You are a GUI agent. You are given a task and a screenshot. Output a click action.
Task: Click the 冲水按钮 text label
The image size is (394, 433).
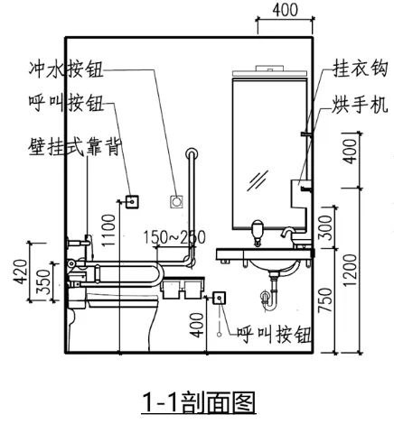coord(66,69)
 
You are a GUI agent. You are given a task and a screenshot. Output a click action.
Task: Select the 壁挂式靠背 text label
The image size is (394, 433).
coord(75,147)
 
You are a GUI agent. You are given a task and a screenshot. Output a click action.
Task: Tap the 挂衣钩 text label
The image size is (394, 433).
coord(360,69)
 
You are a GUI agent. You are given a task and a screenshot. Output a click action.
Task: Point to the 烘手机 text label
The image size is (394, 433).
coord(360,105)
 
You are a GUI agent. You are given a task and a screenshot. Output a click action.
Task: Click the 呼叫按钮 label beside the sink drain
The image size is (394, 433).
coord(274,335)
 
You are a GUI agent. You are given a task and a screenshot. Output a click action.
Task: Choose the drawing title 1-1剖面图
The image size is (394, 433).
coord(199,402)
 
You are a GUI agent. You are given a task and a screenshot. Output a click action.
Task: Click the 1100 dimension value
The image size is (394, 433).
coord(108,230)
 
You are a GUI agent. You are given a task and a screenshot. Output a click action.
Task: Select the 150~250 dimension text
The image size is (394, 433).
coord(174,237)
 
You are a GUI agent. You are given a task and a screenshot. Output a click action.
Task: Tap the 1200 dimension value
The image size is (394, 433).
coord(350,271)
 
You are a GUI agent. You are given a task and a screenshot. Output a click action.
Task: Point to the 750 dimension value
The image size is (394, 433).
coord(325,299)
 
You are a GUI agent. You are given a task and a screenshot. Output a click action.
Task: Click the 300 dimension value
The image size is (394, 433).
coord(325,227)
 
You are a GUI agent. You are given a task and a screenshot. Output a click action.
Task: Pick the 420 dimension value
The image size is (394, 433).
coord(21,272)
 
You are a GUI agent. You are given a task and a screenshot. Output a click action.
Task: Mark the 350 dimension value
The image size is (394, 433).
coord(43,282)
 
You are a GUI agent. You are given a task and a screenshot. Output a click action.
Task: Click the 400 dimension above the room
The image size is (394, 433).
coord(286,10)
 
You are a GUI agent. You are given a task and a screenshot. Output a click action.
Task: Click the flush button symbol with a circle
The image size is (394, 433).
coord(176,201)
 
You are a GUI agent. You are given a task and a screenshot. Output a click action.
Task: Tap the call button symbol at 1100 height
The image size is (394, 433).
coord(132,201)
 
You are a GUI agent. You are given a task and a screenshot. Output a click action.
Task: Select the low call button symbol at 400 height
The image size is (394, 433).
coord(220,298)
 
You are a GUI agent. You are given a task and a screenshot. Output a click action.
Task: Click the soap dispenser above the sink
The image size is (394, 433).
coord(258,232)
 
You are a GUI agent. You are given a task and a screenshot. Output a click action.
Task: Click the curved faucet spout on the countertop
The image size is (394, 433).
coord(287,232)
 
